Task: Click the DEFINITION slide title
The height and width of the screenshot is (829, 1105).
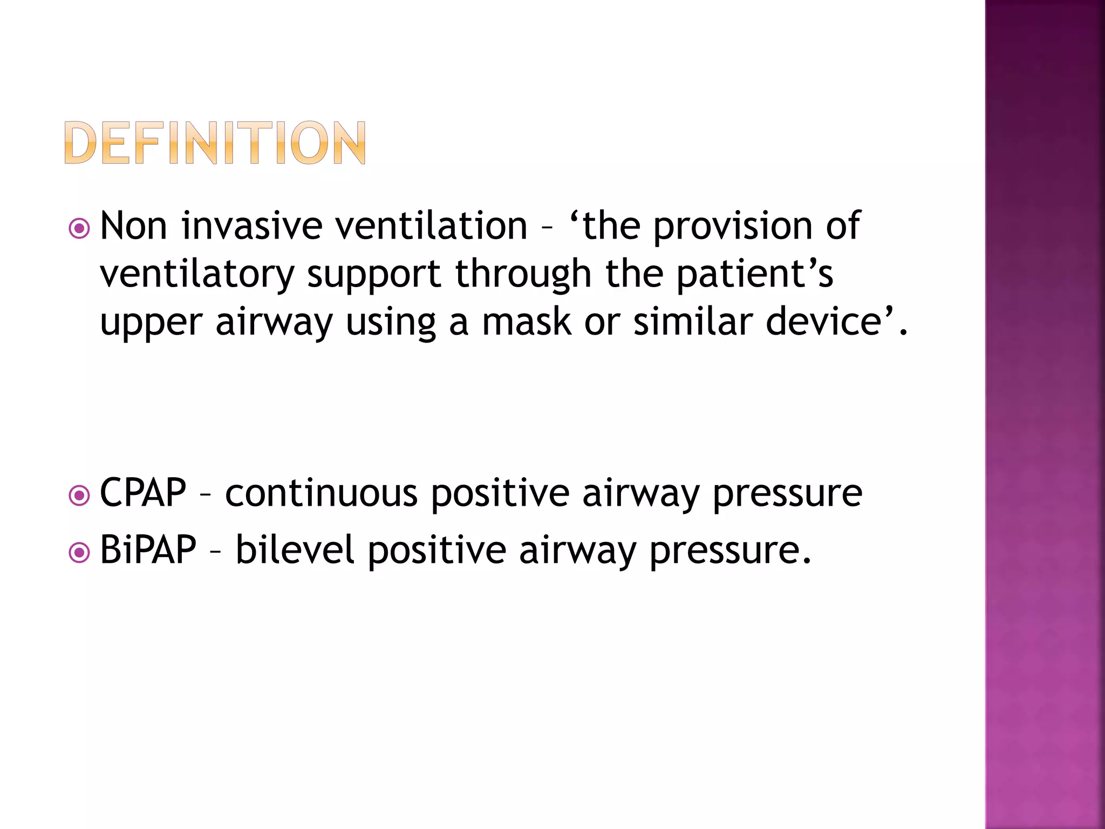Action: pos(215,142)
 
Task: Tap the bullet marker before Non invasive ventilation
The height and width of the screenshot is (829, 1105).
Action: pos(79,229)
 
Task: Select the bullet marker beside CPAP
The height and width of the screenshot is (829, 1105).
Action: pos(79,495)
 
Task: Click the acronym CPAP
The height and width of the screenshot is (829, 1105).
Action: pos(143,492)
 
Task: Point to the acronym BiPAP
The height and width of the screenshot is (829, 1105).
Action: pos(148,549)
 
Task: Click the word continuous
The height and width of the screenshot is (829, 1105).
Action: pos(321,492)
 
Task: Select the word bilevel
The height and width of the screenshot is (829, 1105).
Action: pos(295,549)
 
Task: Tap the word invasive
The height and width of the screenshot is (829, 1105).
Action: pos(252,226)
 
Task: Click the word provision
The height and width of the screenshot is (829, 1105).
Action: pos(733,226)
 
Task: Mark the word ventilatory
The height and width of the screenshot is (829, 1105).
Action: pos(197,274)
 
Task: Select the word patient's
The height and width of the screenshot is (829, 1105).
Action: pos(755,274)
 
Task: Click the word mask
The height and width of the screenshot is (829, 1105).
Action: pos(526,322)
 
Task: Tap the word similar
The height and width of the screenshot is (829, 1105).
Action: pos(693,322)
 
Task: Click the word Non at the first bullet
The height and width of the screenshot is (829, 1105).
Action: pos(133,226)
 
